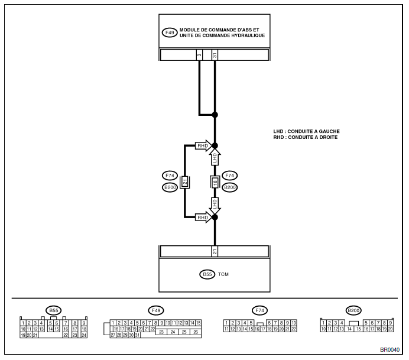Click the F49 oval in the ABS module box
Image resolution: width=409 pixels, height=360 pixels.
pyautogui.click(x=170, y=33)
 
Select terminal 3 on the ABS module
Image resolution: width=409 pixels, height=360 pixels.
pyautogui.click(x=199, y=55)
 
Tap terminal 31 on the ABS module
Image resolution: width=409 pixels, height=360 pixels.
pyautogui.click(x=215, y=55)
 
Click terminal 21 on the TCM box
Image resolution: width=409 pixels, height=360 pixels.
pyautogui.click(x=215, y=251)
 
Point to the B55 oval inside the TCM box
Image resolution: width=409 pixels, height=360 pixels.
pyautogui.click(x=207, y=274)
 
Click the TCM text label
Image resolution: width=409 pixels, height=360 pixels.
pyautogui.click(x=223, y=274)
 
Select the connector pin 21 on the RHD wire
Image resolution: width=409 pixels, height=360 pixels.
pyautogui.click(x=185, y=181)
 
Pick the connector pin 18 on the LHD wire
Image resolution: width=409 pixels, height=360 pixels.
pyautogui.click(x=215, y=182)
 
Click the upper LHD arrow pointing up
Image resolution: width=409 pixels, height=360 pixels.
pyautogui.click(x=215, y=157)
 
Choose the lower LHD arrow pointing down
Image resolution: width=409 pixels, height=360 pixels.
pyautogui.click(x=215, y=206)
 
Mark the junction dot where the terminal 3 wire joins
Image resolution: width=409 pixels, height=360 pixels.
pyautogui.click(x=215, y=115)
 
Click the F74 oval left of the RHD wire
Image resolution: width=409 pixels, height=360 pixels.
pyautogui.click(x=170, y=176)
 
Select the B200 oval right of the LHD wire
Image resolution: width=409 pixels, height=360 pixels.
pyautogui.click(x=230, y=187)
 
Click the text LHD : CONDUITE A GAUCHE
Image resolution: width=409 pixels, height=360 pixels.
pyautogui.click(x=307, y=131)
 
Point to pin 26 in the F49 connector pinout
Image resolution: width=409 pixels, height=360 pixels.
pyautogui.click(x=196, y=332)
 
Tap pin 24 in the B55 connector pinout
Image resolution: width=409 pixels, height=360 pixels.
pyautogui.click(x=84, y=335)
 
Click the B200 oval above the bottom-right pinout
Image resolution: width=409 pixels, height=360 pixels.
pyautogui.click(x=353, y=310)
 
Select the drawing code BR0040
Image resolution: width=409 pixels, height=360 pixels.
pyautogui.click(x=389, y=350)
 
